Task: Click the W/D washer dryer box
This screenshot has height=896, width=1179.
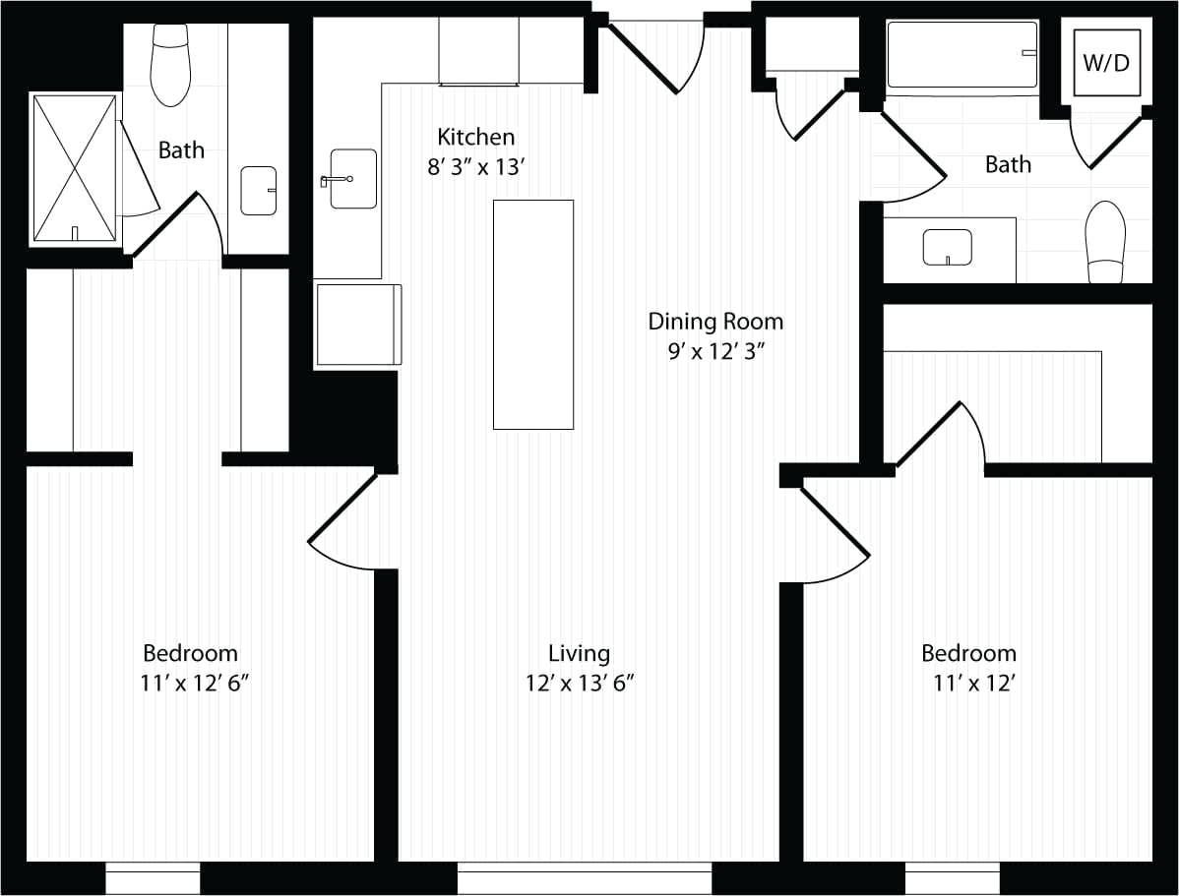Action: point(1106,64)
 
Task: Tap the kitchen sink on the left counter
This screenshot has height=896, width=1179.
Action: point(352,179)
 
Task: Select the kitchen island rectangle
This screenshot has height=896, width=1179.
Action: point(532,315)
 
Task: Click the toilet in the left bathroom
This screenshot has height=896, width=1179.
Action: point(170,66)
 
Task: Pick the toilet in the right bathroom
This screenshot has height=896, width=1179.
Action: point(1104,242)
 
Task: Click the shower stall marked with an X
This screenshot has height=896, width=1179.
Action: point(75,167)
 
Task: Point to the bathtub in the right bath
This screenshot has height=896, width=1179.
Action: point(962,56)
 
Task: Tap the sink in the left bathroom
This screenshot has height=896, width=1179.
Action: point(259,191)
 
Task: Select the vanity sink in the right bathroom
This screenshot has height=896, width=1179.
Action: point(947,247)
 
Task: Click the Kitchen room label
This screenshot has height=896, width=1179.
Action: point(475,137)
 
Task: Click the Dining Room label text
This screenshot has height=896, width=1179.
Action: point(715,322)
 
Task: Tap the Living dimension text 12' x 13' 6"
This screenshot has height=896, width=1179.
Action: point(579,683)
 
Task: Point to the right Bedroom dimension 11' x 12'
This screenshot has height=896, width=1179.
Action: point(973,683)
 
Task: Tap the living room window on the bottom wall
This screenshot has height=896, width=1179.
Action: point(585,878)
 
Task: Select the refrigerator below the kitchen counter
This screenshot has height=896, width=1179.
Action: point(358,325)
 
